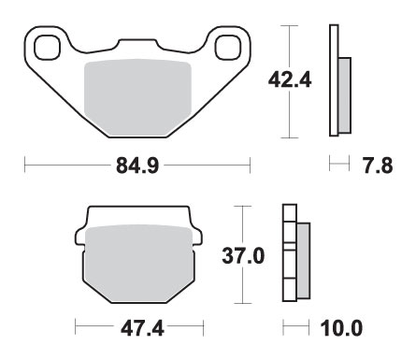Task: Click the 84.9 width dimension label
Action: (x=137, y=166)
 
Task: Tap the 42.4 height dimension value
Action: (x=290, y=80)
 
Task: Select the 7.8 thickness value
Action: (x=378, y=166)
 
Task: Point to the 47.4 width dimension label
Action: (x=142, y=328)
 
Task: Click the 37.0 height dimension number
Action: (x=243, y=256)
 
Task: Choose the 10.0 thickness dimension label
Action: (x=341, y=328)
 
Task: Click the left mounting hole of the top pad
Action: (x=47, y=48)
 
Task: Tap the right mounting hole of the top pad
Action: (x=228, y=48)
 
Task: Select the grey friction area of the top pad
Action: (x=137, y=97)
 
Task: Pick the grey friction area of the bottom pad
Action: (x=139, y=264)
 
